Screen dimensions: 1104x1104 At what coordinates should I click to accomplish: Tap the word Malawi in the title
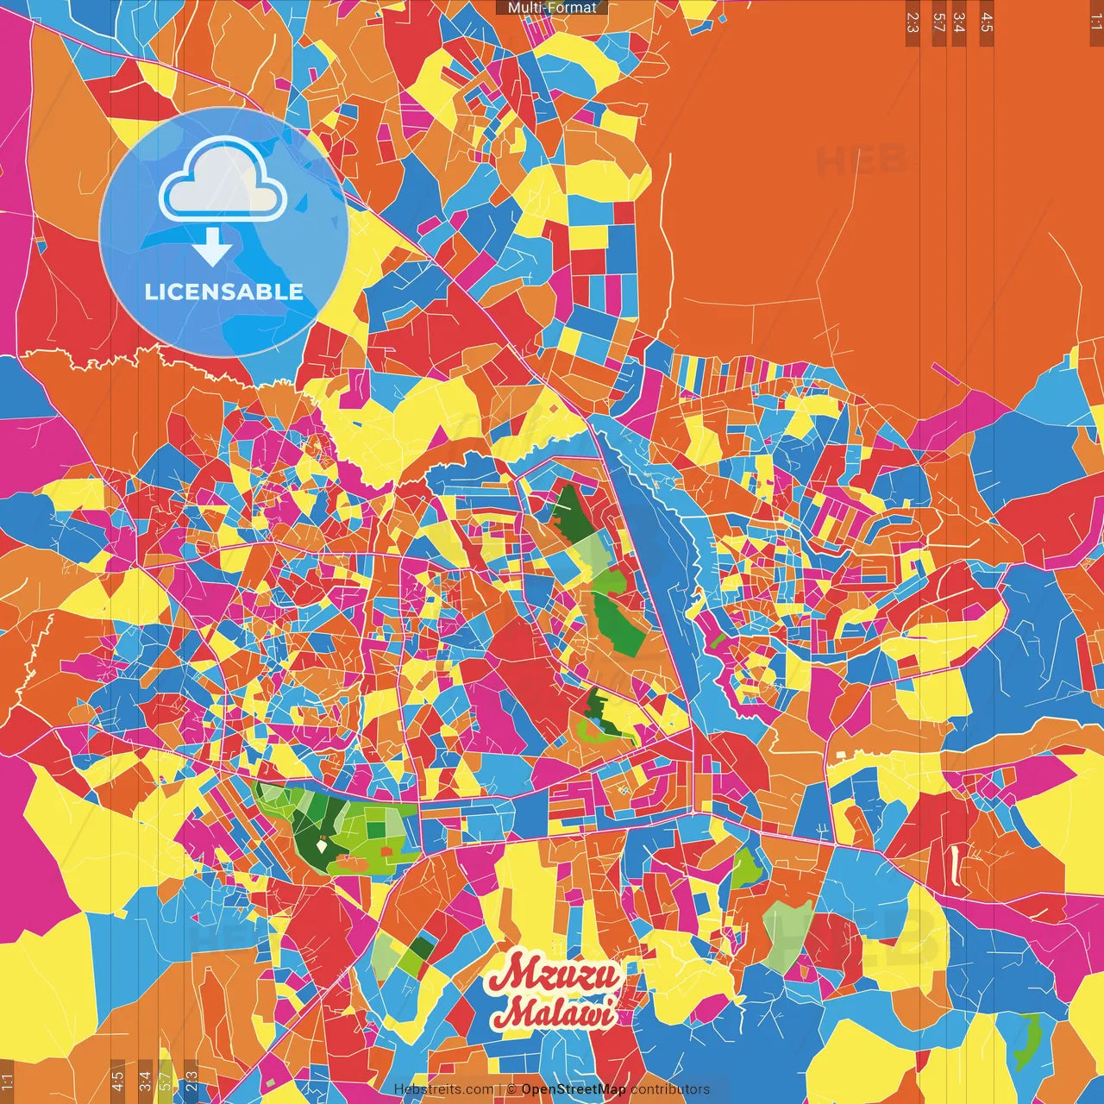coord(559,1011)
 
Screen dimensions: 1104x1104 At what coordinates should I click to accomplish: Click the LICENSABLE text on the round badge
coord(224,292)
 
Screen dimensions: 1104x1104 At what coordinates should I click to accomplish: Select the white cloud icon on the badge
coord(223,185)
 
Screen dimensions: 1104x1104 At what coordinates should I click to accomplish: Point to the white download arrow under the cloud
coord(212,247)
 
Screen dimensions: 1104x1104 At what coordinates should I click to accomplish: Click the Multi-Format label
coord(552,8)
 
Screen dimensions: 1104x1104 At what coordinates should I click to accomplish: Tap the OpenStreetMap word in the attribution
coord(574,1089)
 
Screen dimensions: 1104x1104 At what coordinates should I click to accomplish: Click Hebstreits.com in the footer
coord(443,1089)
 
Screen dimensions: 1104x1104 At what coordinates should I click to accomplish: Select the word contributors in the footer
coord(670,1089)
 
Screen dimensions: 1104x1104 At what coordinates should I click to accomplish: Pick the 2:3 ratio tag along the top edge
coord(913,22)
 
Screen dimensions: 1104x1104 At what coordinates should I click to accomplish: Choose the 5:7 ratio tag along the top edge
coord(938,22)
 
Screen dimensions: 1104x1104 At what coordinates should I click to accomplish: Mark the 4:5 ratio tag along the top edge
coord(987,22)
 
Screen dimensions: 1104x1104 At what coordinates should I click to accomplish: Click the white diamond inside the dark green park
coord(322,847)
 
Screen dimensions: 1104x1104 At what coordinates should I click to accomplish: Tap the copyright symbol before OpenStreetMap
coord(511,1089)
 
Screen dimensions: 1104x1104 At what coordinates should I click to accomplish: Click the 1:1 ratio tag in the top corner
coord(1095,19)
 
